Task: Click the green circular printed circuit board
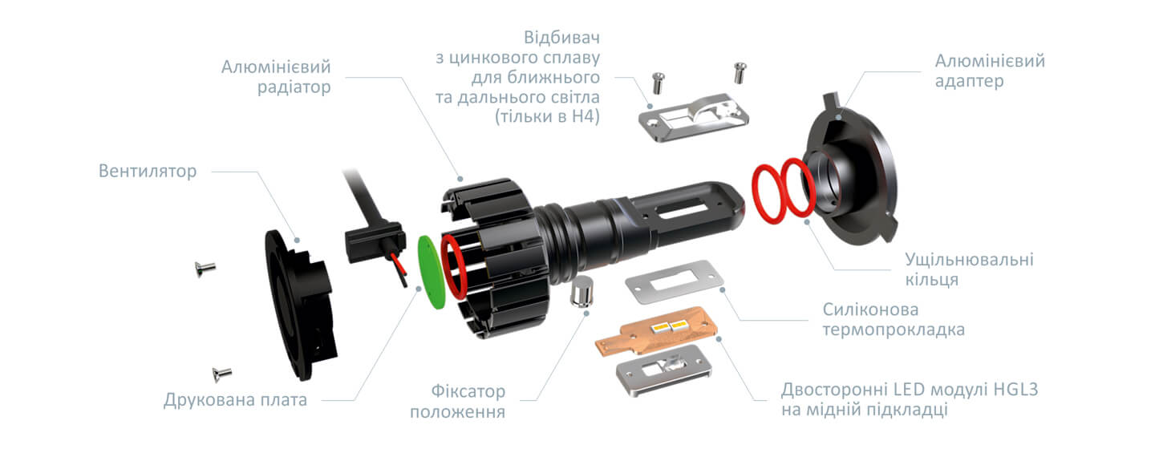[x=431, y=272]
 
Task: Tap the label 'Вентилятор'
[x=148, y=171]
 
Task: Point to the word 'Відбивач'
[x=561, y=38]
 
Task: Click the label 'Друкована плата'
[x=235, y=400]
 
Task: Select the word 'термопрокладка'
[x=894, y=330]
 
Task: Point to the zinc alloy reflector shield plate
[x=694, y=118]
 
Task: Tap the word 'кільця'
[x=932, y=279]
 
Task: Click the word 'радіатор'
[x=294, y=87]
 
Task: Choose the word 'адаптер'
[x=970, y=81]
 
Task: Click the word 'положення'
[x=457, y=412]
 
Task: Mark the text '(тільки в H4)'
[x=548, y=116]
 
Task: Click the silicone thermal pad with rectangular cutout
[x=675, y=281]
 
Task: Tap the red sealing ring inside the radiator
[x=454, y=267]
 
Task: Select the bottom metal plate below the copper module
[x=664, y=370]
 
